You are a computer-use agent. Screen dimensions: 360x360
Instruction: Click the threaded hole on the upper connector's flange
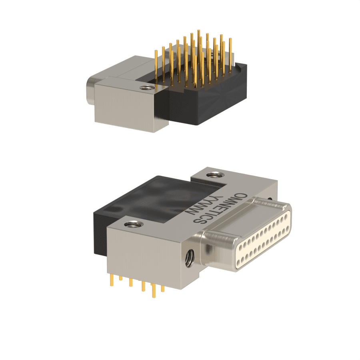click(x=146, y=88)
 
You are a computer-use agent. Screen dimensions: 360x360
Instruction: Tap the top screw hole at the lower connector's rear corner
click(x=215, y=175)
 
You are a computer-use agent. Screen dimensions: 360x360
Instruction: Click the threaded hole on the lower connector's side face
click(x=190, y=258)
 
